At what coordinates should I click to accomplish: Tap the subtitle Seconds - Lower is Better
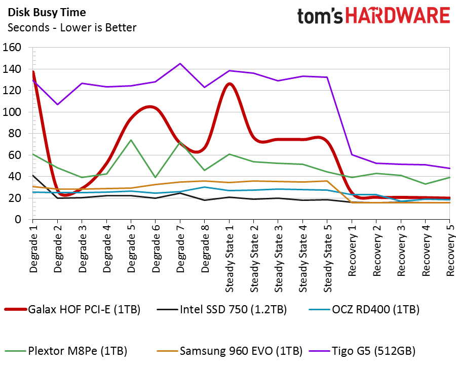click(x=72, y=27)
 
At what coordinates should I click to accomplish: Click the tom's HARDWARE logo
click(x=373, y=16)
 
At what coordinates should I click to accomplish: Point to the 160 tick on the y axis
click(x=12, y=48)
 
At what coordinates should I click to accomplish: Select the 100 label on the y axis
click(x=12, y=112)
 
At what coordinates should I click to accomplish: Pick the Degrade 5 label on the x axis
click(x=131, y=250)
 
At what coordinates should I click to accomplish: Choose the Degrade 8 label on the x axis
click(x=205, y=250)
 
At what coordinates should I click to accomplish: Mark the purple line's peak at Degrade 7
click(x=180, y=64)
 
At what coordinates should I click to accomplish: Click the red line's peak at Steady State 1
click(x=230, y=84)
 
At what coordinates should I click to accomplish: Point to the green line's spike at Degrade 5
click(x=131, y=140)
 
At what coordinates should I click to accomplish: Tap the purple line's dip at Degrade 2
click(x=57, y=104)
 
